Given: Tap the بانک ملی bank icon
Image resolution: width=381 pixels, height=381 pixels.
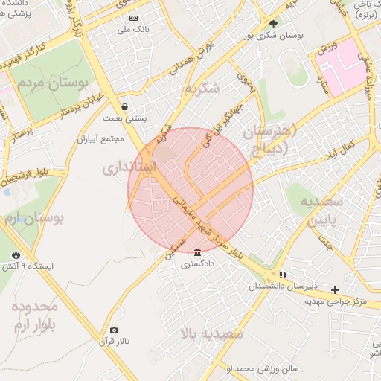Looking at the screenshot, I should coord(133,17).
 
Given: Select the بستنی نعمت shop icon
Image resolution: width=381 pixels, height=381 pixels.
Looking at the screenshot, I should coord(124,107).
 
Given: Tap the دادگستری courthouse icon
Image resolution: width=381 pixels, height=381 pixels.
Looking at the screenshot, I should coord(196,252).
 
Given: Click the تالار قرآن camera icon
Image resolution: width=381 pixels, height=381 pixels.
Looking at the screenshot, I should coord(114,330).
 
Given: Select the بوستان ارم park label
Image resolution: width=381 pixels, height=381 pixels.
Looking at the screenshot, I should coord(33,219).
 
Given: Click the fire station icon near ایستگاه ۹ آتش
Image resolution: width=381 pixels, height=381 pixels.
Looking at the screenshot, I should coord(16,254).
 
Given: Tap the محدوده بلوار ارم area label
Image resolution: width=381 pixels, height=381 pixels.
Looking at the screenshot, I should coord(34,316).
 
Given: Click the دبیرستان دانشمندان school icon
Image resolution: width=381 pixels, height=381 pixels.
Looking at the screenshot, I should coord(283,275).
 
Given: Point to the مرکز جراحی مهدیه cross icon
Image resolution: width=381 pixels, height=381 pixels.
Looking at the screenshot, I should coord(335,289).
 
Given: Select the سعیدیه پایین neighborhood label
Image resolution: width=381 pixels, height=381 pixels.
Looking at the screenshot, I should coord(321,211).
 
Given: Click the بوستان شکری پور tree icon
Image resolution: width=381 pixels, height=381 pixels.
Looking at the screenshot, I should coord(272,23).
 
